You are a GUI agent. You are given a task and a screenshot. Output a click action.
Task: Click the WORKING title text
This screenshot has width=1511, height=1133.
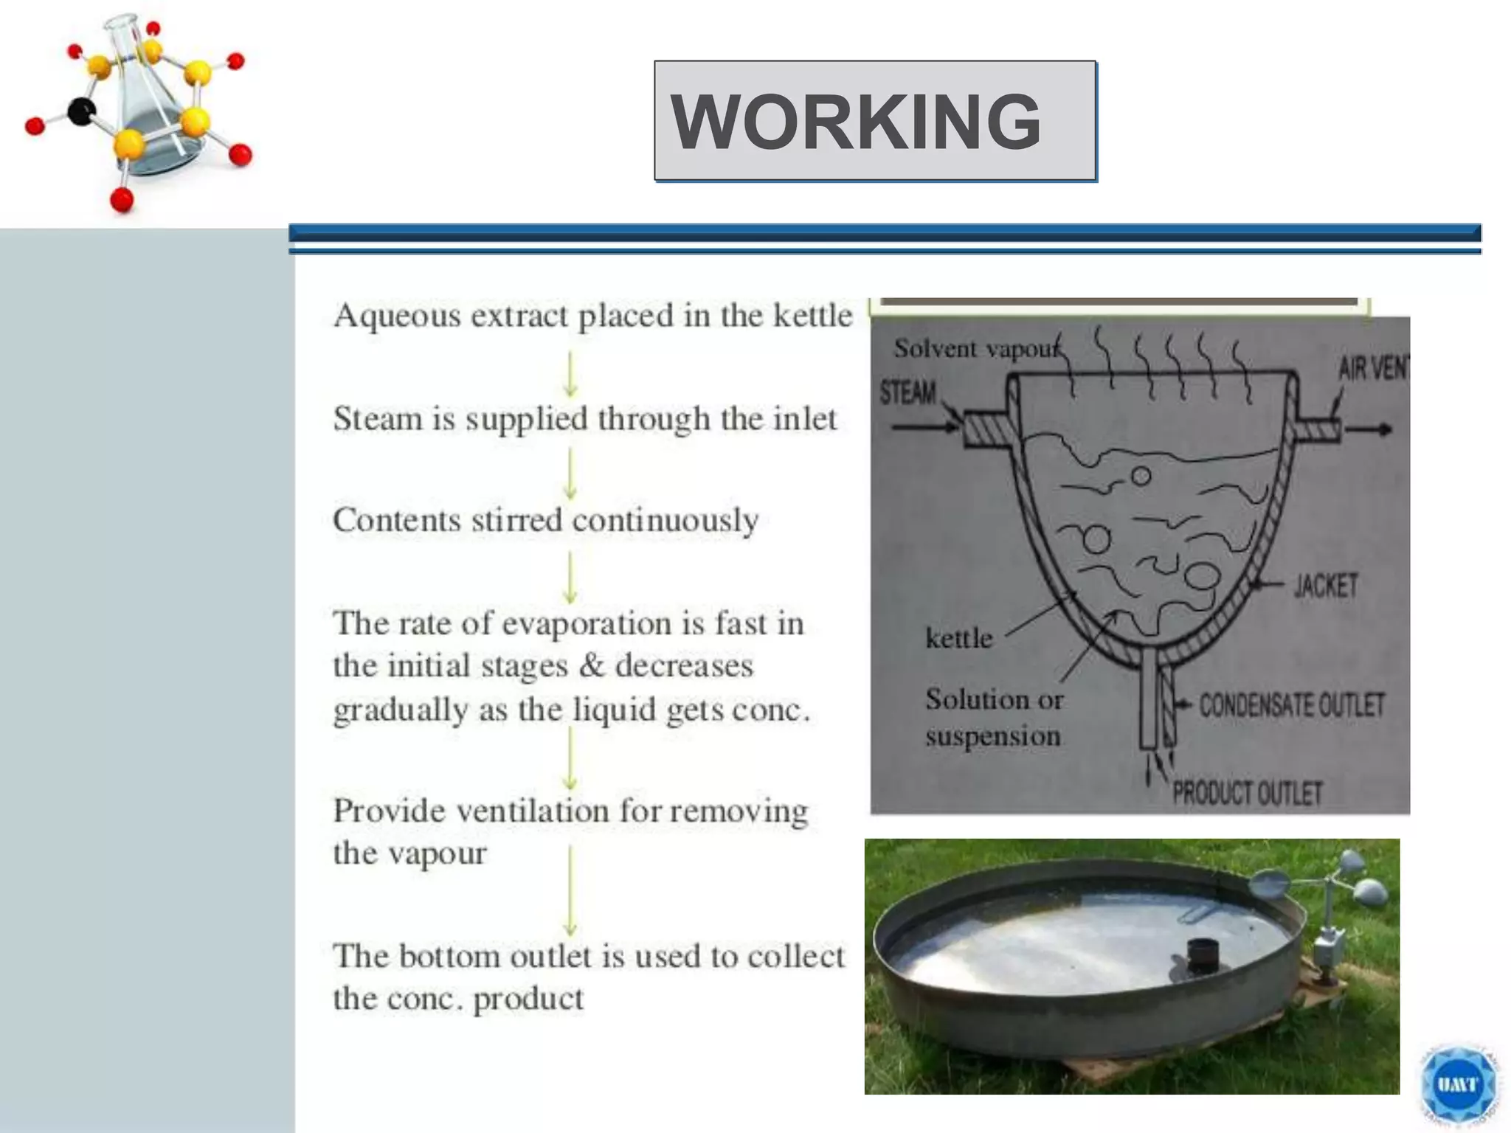856,122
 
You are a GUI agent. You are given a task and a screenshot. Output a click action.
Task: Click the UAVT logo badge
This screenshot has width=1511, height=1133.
1458,1084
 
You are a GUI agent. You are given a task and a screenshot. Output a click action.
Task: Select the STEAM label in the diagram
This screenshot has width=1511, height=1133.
907,392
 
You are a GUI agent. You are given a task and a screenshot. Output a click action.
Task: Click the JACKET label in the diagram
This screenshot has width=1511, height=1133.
1326,586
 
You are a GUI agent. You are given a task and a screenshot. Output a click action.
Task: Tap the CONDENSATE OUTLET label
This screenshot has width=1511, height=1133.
1291,705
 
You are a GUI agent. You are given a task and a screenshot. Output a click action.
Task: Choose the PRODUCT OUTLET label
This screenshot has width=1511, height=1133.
1247,794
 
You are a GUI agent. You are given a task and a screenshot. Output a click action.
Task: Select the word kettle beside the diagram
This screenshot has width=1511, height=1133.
959,638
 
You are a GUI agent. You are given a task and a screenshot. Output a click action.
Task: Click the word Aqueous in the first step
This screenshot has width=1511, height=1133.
395,316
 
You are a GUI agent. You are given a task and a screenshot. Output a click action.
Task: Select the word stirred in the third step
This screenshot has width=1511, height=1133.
516,520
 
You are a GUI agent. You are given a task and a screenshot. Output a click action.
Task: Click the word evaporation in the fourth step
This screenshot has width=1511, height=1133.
587,624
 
